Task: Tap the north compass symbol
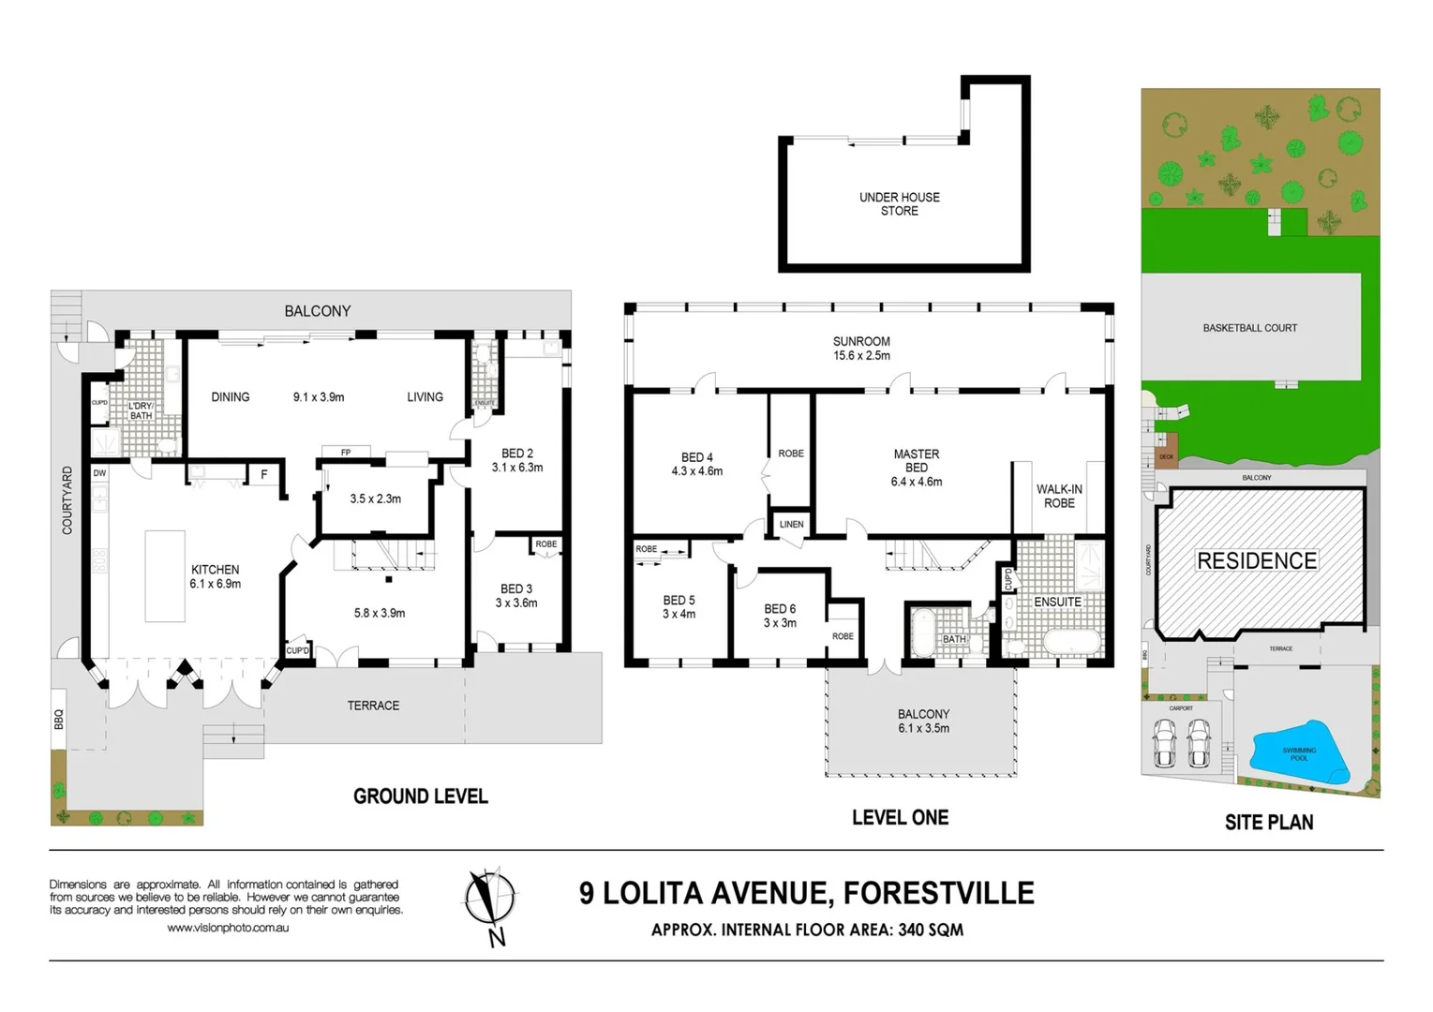click(490, 902)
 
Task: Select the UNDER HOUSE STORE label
click(899, 204)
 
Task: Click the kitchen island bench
click(165, 576)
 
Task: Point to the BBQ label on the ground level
click(59, 720)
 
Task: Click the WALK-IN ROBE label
click(1059, 497)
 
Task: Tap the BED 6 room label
click(780, 609)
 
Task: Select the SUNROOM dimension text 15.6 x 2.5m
click(861, 356)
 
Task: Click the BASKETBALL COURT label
click(1249, 328)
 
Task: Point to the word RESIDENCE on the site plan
click(1257, 561)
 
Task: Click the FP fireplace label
click(346, 453)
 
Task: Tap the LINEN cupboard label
click(791, 525)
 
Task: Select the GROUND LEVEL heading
click(420, 796)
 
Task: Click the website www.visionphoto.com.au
click(228, 928)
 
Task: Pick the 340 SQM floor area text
click(931, 930)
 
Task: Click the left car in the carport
click(1164, 743)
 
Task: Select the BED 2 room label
click(516, 454)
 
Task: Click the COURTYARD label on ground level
click(67, 500)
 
